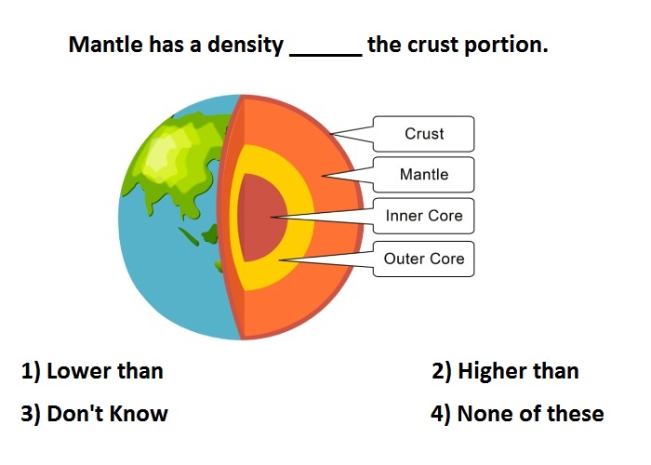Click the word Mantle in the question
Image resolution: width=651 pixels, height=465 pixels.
105,44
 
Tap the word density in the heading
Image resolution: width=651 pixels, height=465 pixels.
245,46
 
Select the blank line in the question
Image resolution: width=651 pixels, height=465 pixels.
325,55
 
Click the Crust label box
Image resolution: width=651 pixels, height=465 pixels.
423,134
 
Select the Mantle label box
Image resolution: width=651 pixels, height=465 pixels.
423,175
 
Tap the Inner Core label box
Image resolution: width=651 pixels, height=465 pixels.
423,216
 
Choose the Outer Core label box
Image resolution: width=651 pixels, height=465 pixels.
423,259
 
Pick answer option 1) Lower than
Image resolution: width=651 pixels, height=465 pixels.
92,371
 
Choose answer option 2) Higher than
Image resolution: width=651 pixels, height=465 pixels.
505,371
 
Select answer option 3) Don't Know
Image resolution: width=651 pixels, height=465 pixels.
94,414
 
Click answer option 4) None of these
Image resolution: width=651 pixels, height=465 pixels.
517,414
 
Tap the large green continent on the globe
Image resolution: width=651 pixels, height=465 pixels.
179,158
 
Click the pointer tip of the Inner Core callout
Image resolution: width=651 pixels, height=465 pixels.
271,217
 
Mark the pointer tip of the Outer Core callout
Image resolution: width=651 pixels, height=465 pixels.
279,260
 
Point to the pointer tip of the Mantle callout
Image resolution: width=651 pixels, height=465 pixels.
322,176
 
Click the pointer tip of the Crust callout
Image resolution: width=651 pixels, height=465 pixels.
330,134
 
